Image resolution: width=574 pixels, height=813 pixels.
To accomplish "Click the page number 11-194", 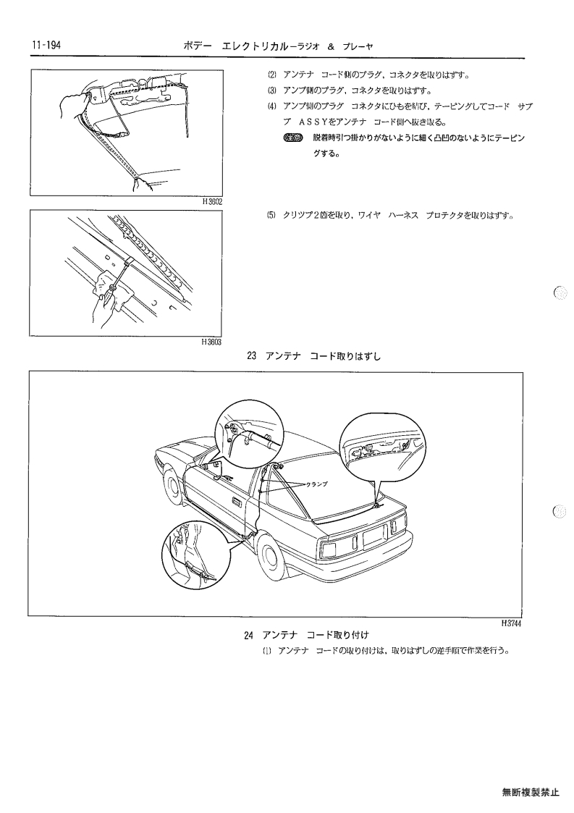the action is pyautogui.click(x=46, y=46).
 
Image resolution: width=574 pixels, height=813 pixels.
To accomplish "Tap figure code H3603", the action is pyautogui.click(x=212, y=342).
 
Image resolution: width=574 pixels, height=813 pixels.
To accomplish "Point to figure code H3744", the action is pyautogui.click(x=511, y=623).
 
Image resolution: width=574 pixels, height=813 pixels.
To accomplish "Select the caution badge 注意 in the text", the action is pyautogui.click(x=293, y=138).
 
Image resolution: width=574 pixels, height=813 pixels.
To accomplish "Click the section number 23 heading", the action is pyautogui.click(x=252, y=356).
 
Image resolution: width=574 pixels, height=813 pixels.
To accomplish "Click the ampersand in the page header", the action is pyautogui.click(x=331, y=46).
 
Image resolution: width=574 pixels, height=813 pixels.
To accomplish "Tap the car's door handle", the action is pyautogui.click(x=237, y=503).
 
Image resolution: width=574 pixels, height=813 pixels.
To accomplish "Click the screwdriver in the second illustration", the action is pyautogui.click(x=118, y=279).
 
